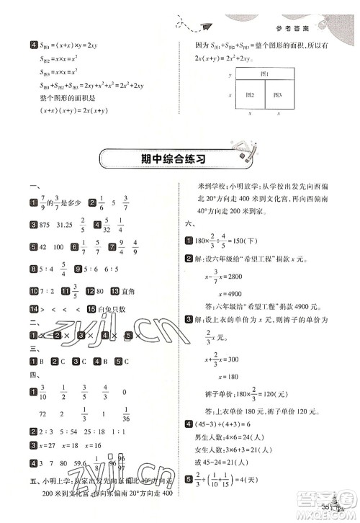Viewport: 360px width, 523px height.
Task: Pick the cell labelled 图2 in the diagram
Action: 248,94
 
